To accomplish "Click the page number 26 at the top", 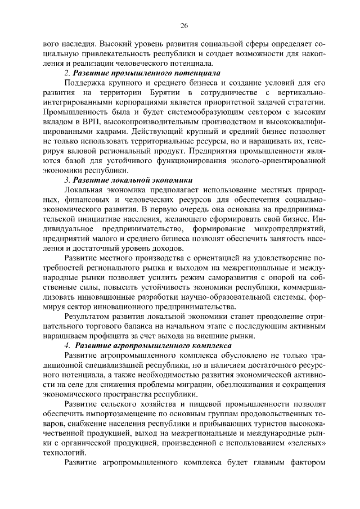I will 183,25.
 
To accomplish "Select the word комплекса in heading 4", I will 207,345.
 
